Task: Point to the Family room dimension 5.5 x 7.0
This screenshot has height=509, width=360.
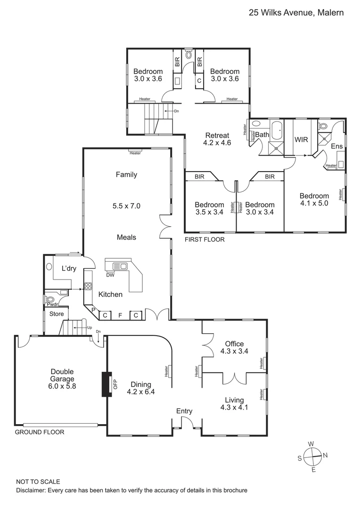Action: [x=126, y=206]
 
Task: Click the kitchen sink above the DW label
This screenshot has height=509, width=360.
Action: [x=117, y=266]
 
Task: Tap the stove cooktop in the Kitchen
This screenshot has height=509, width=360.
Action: [x=88, y=285]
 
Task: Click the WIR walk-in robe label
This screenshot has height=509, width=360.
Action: [x=301, y=140]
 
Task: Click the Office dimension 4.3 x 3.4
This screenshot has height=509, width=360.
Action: [x=234, y=351]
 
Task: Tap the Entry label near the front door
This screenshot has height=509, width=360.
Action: [x=184, y=411]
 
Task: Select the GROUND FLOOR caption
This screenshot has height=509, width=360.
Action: [x=40, y=432]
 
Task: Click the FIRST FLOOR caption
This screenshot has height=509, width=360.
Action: [x=205, y=239]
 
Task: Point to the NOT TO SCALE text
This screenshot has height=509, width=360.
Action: [x=38, y=482]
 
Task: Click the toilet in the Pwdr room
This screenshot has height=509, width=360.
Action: [x=50, y=299]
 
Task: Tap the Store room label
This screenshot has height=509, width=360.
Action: [x=57, y=314]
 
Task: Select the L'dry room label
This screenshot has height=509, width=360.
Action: [x=69, y=269]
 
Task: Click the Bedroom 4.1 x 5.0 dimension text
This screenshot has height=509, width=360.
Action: [x=314, y=204]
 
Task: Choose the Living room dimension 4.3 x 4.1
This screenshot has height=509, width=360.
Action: [x=234, y=409]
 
